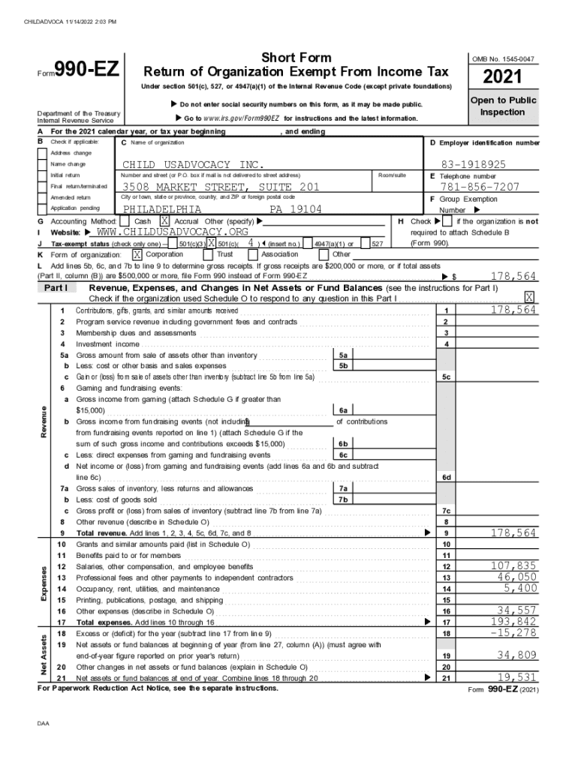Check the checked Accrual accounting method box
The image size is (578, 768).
coord(164,222)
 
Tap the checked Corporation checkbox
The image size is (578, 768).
coord(137,254)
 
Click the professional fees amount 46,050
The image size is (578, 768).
coord(516,577)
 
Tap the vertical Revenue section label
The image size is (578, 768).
coord(45,421)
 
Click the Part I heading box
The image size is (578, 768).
coord(57,287)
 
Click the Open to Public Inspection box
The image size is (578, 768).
coord(503,106)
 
